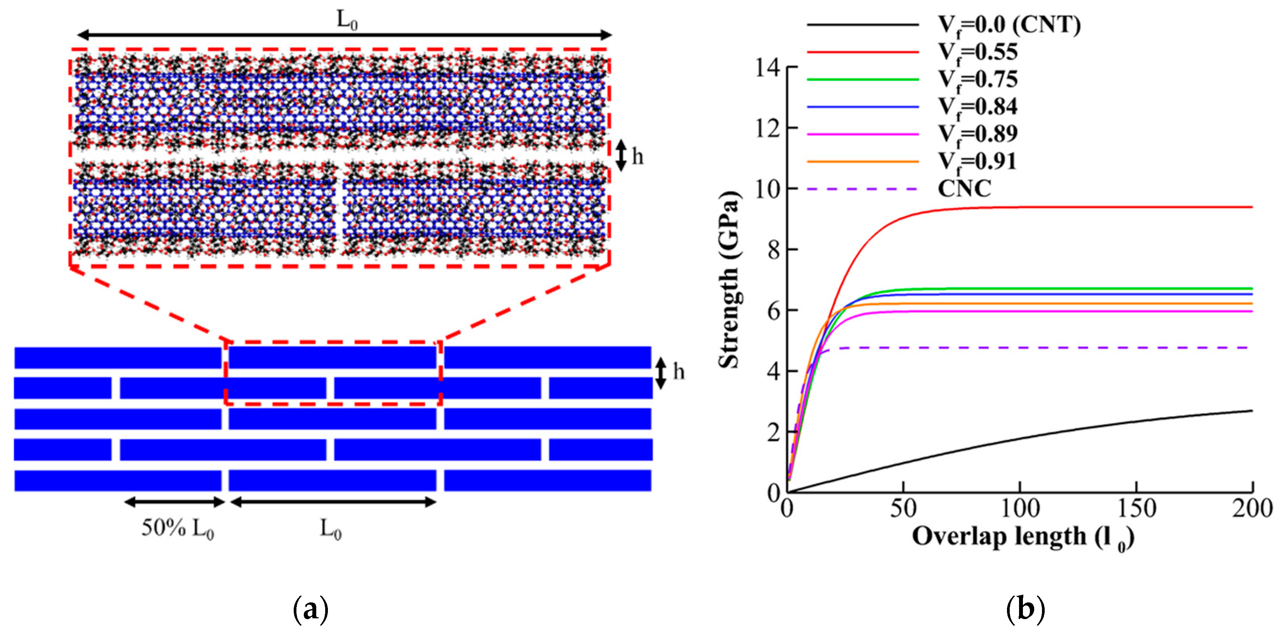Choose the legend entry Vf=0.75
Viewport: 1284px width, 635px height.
[x=977, y=80]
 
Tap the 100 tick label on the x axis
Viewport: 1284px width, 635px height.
[x=1020, y=508]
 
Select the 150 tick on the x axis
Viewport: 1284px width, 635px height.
[x=1136, y=508]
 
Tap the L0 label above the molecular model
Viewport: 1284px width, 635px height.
[x=347, y=20]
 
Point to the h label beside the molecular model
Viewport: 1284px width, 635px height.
[x=638, y=157]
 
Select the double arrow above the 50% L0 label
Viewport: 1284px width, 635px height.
[x=174, y=502]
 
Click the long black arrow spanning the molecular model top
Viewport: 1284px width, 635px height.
[x=344, y=35]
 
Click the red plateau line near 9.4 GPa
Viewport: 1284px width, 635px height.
[x=1097, y=207]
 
